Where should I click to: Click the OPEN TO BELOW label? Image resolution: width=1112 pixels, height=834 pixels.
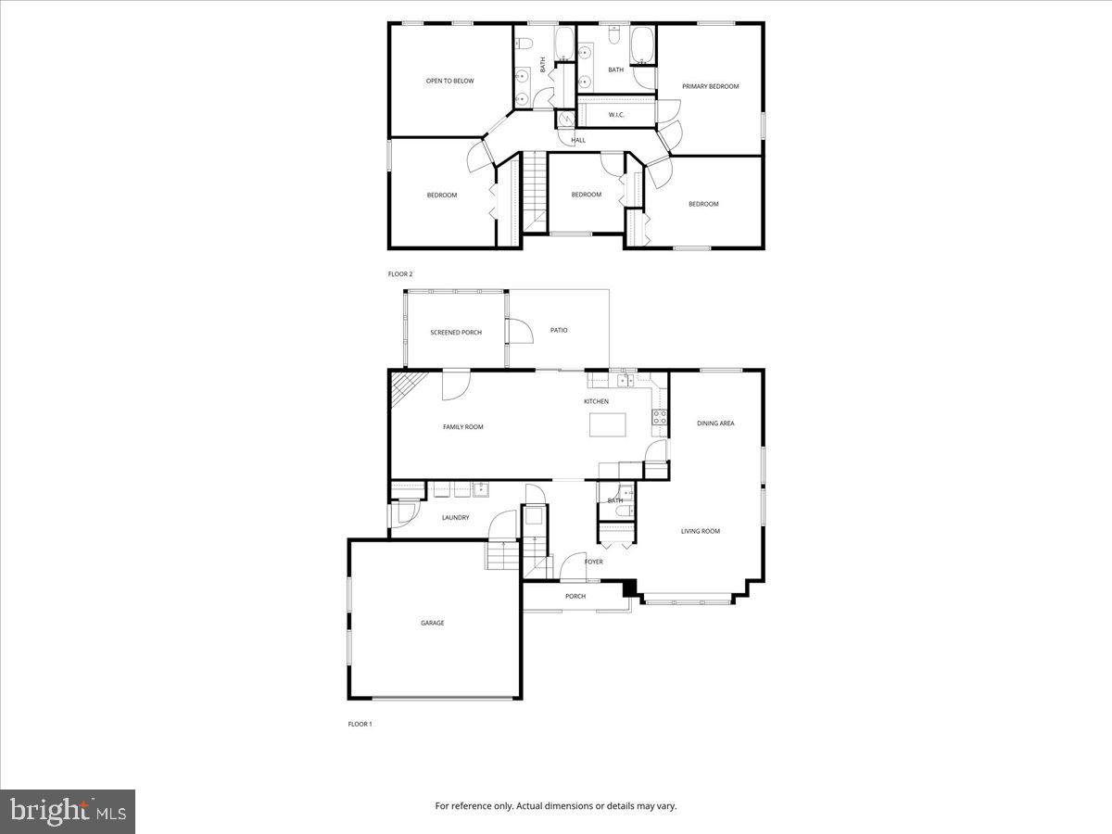[x=449, y=82]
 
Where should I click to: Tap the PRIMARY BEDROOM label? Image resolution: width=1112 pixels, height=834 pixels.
[x=711, y=86]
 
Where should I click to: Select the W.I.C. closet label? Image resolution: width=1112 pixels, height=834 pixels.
[x=616, y=115]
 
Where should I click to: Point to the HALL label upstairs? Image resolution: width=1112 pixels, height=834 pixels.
[x=578, y=141]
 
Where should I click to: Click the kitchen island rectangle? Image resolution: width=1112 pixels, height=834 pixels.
[x=608, y=424]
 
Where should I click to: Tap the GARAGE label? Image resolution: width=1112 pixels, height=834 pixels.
[x=433, y=623]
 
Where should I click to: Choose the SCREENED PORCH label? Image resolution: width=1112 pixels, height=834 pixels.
[x=456, y=333]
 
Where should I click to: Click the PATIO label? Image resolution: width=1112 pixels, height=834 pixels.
[x=559, y=330]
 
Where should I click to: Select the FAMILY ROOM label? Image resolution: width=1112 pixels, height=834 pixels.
[x=462, y=427]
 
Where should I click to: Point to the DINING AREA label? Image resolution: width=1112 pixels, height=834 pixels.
[x=715, y=423]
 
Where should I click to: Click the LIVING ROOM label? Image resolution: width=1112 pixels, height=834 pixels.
[x=701, y=531]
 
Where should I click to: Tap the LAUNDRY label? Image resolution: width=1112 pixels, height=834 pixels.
[x=455, y=518]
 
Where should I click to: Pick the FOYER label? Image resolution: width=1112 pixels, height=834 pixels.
[x=594, y=562]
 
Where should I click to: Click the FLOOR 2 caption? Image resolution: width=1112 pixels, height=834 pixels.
[x=399, y=274]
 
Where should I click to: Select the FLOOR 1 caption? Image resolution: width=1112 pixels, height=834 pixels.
[x=360, y=724]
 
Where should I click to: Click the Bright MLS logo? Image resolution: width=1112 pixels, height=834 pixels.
[x=68, y=812]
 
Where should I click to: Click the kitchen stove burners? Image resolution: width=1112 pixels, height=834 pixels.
[x=660, y=417]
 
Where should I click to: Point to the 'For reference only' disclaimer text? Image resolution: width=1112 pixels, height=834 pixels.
[x=556, y=806]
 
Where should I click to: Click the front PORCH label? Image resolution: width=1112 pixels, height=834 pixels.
[x=575, y=596]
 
